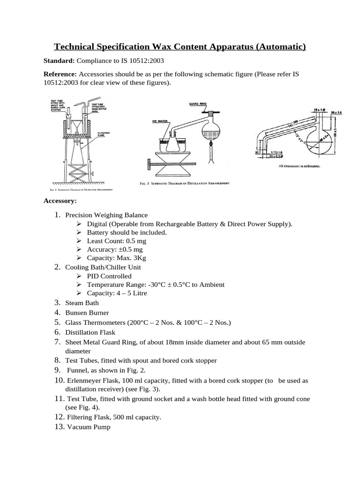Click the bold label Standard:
point(59,61)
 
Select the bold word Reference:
point(60,74)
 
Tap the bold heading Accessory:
point(60,201)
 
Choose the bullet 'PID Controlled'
point(109,276)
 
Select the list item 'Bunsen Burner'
point(87,312)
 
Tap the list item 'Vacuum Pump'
point(89,427)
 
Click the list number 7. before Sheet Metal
point(58,342)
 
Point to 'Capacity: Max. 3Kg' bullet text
point(115,258)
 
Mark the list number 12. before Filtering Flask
point(59,416)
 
